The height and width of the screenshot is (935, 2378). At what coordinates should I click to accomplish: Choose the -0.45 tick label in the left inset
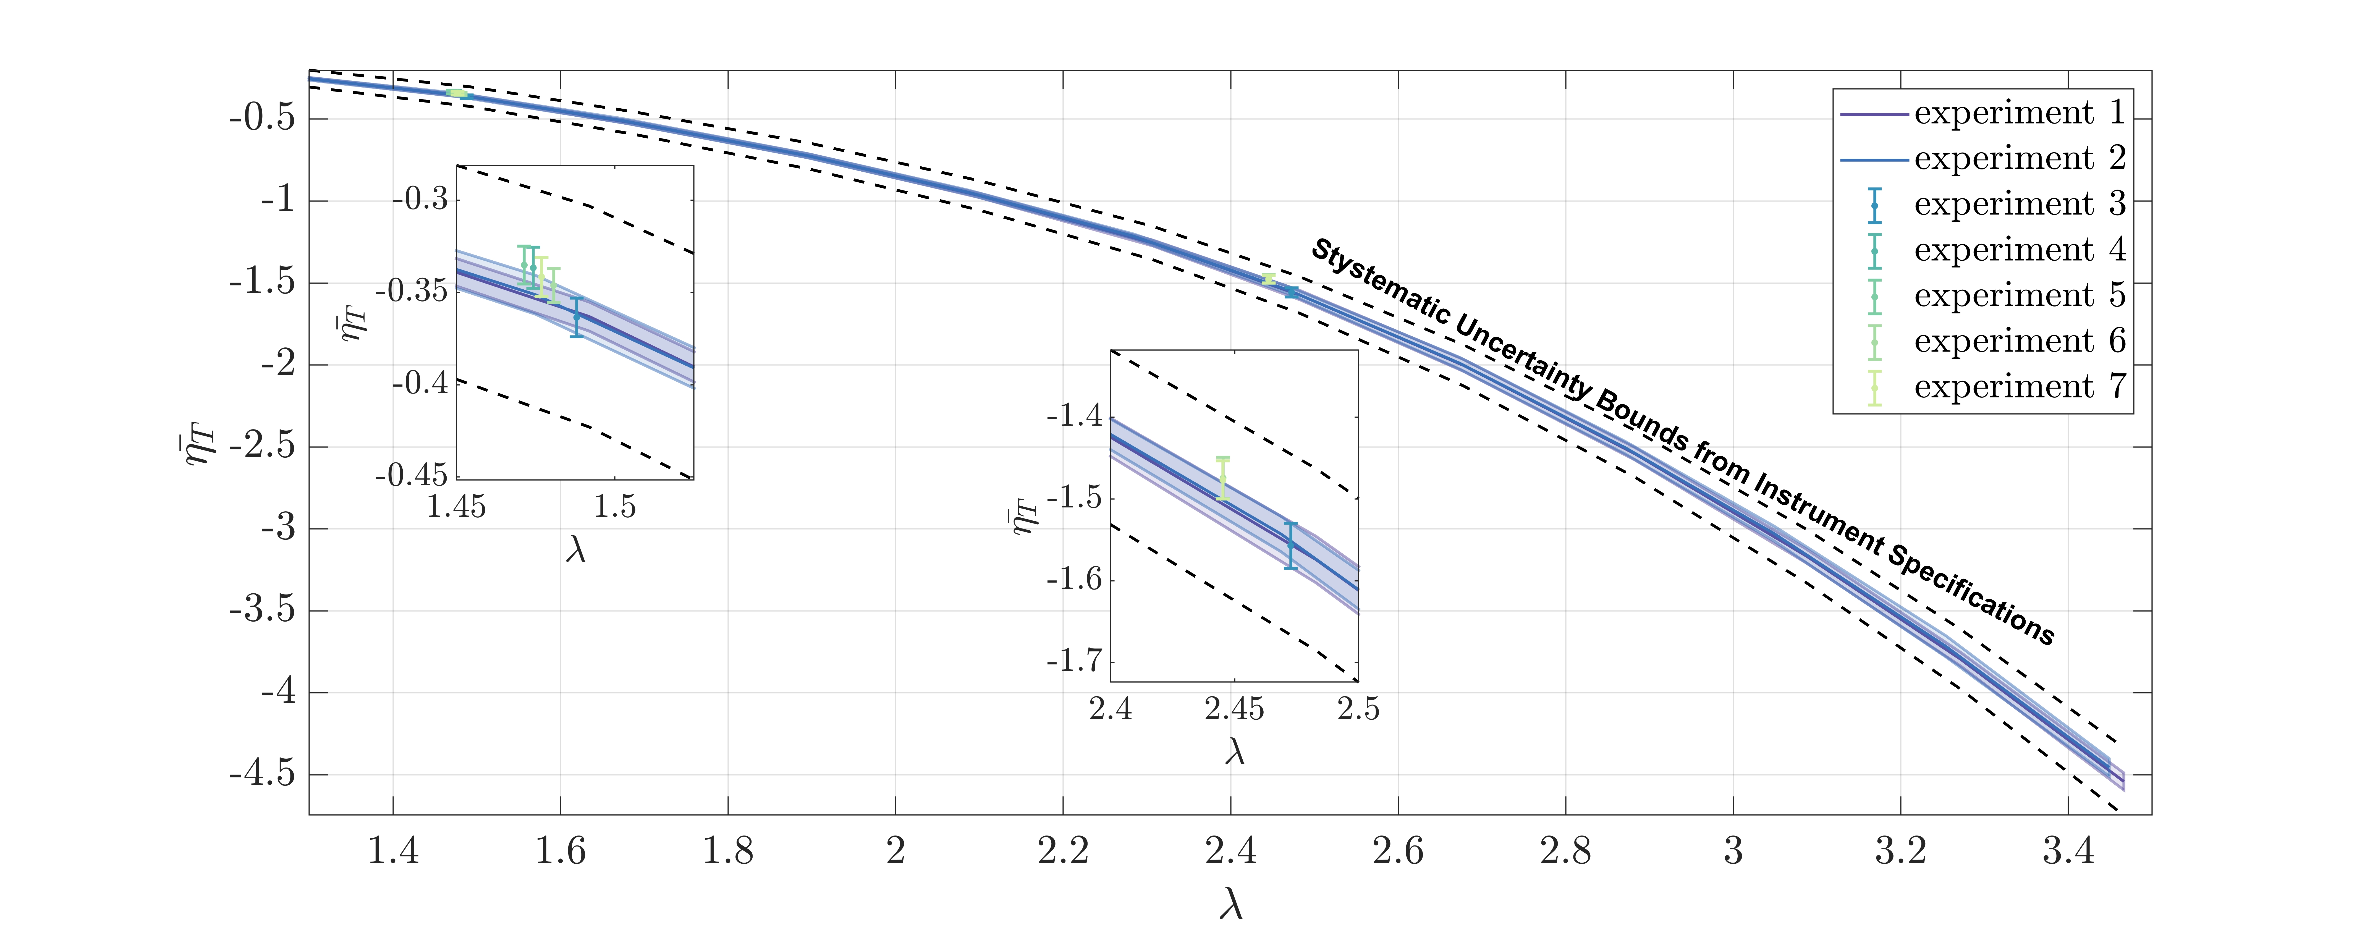coord(411,475)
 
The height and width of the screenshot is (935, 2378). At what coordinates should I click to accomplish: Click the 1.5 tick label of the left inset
coord(615,507)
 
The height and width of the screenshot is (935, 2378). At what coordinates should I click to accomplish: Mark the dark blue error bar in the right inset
coord(1290,544)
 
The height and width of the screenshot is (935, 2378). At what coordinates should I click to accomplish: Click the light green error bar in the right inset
coord(1222,478)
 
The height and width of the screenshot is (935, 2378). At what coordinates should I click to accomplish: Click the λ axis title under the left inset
coord(575,550)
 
